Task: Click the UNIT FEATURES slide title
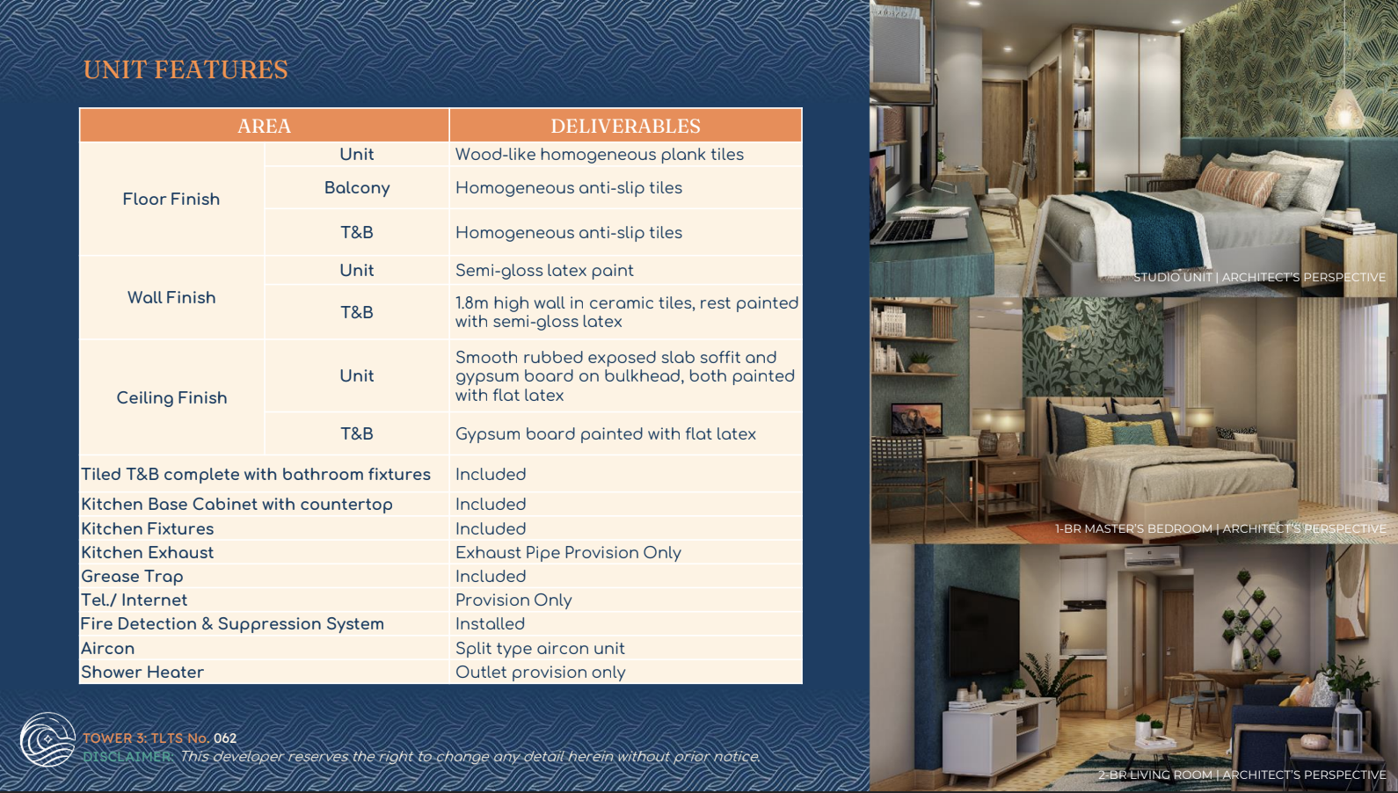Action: point(186,69)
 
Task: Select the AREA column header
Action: point(264,126)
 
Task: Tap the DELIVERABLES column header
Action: point(625,126)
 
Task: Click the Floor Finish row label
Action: point(171,199)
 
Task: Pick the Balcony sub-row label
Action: point(357,188)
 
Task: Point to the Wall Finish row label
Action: point(171,298)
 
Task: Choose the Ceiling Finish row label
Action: point(171,398)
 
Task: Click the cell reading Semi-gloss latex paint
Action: point(544,270)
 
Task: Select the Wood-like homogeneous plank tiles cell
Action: point(599,154)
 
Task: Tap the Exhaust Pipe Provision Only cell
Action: point(568,553)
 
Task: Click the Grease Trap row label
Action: point(132,577)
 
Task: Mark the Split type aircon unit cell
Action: point(540,648)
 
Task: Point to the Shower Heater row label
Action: point(142,672)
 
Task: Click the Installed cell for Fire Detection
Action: point(490,624)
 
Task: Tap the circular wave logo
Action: point(47,739)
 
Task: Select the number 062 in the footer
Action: point(225,738)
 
